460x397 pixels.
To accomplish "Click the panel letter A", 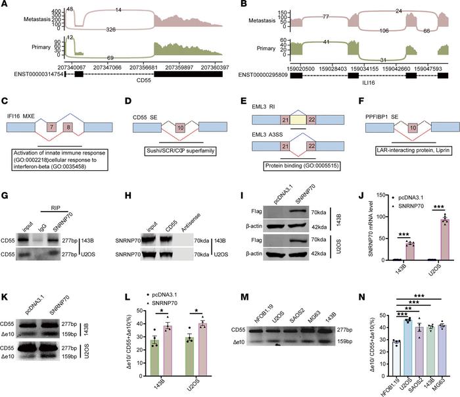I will coord(5,6).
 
